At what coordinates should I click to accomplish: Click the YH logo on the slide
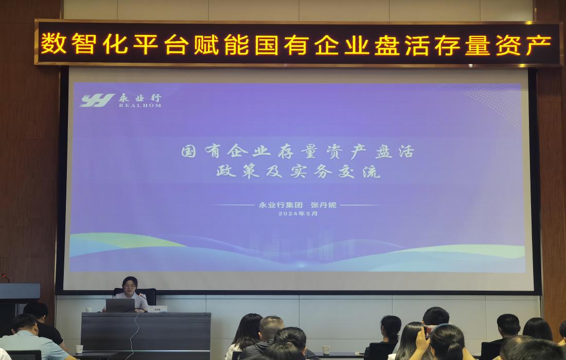(97, 100)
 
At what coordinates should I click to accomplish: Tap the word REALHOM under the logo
(140, 105)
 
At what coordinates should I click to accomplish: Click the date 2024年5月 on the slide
(298, 214)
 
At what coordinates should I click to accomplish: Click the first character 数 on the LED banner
(50, 44)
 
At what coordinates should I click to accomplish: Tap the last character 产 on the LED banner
(541, 44)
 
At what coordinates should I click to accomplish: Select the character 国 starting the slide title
(189, 152)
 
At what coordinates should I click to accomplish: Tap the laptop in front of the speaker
(120, 305)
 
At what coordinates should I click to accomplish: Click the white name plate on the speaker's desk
(157, 309)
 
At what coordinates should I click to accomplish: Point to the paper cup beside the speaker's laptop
(89, 310)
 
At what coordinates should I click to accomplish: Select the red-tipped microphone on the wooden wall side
(5, 278)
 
